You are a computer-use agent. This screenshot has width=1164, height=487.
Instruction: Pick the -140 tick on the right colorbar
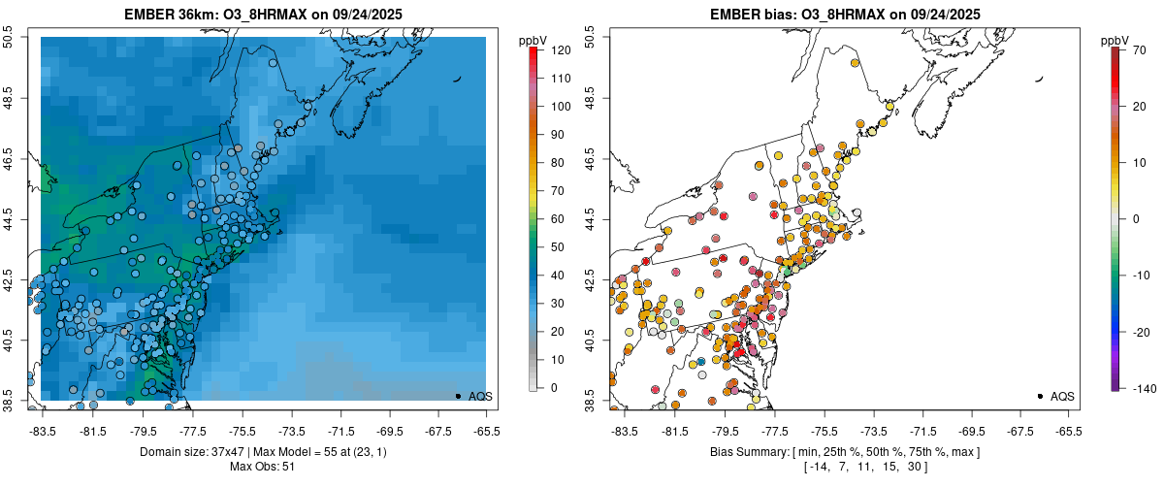[x=1138, y=388]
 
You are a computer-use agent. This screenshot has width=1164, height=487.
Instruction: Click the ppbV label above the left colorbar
[x=533, y=40]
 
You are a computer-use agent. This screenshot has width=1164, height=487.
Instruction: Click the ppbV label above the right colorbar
[x=1115, y=40]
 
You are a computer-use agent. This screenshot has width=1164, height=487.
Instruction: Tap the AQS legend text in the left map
[x=481, y=397]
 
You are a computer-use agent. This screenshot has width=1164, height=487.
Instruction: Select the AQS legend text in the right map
[x=1062, y=397]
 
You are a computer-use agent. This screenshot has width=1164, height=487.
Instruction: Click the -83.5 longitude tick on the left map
[x=42, y=431]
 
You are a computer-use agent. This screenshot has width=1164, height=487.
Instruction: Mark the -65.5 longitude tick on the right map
[x=1068, y=431]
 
